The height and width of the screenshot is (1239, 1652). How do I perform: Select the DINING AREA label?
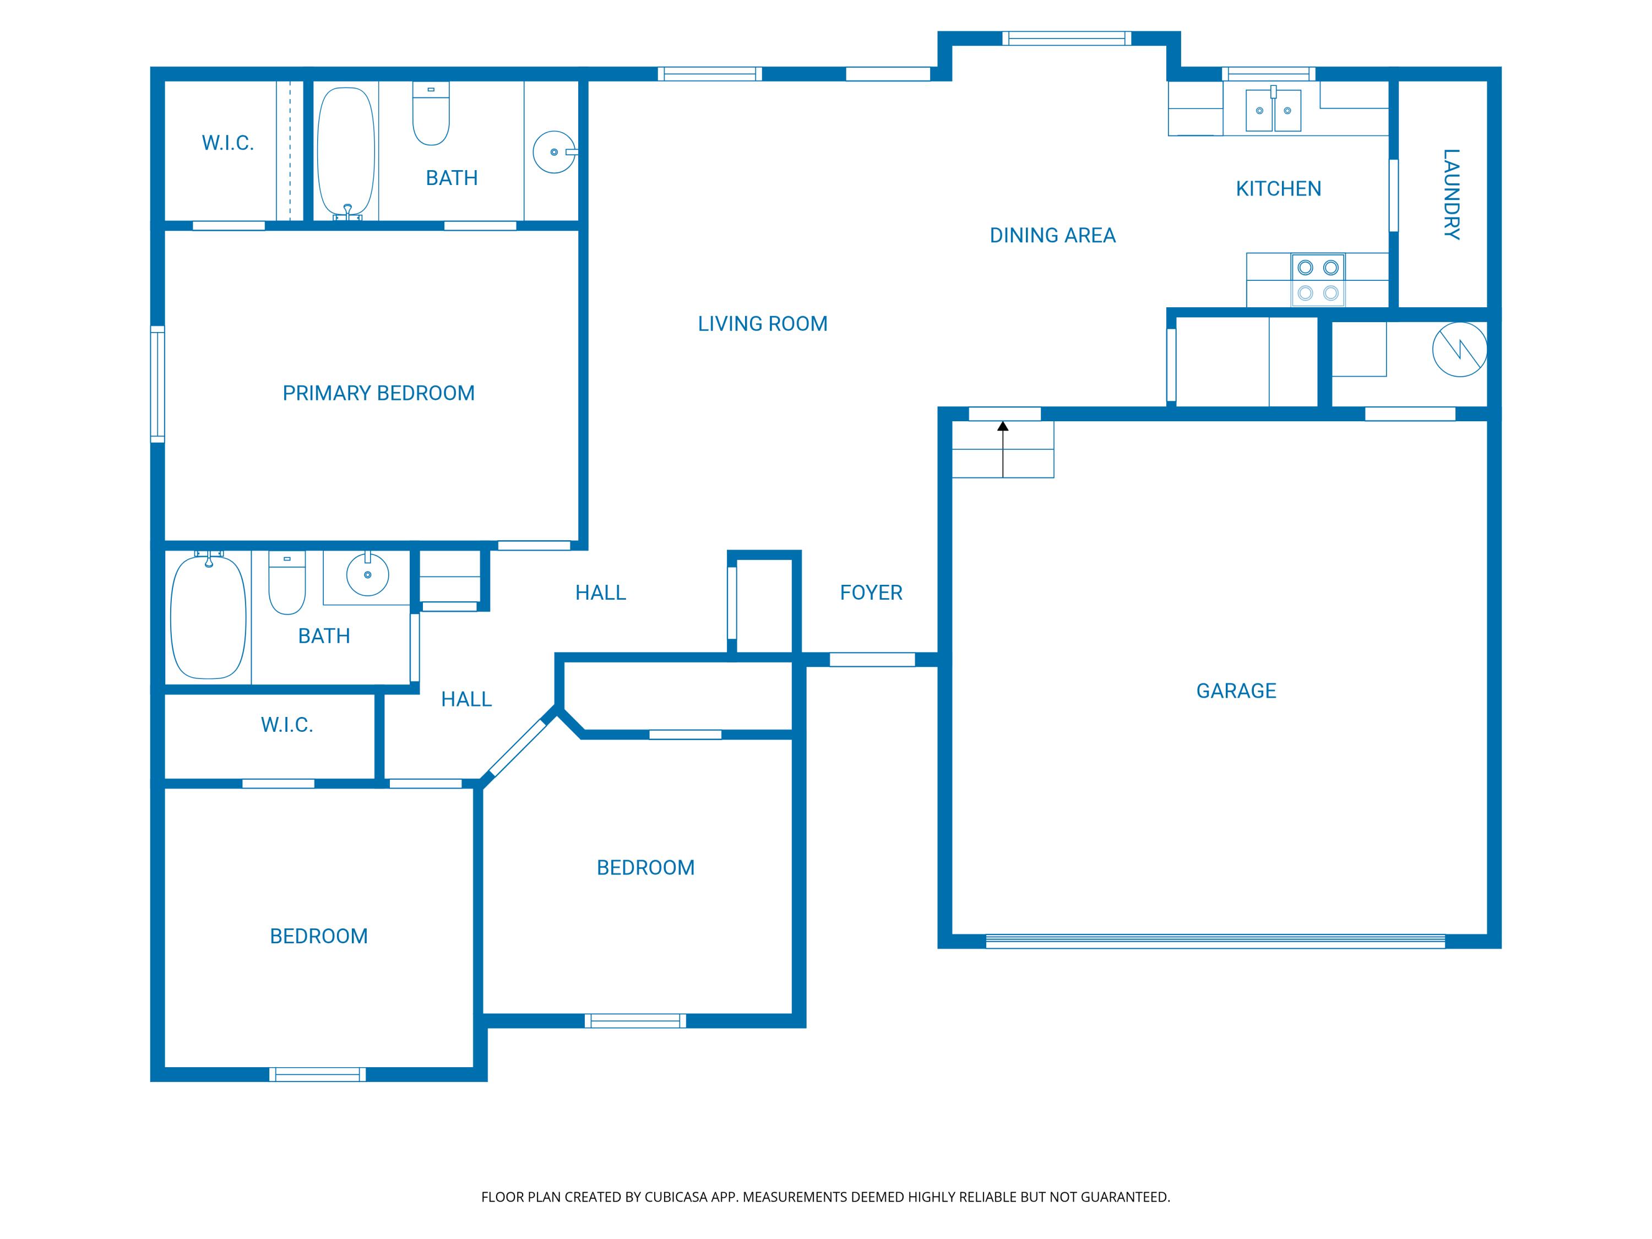point(1052,235)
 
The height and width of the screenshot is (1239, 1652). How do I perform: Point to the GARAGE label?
point(1236,691)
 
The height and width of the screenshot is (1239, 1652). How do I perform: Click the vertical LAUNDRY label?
point(1451,194)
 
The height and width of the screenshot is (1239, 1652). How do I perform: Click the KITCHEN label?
point(1279,188)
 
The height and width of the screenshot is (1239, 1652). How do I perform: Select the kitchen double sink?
point(1273,109)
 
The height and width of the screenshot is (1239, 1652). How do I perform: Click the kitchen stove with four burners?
point(1318,280)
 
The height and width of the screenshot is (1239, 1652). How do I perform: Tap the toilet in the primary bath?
point(431,113)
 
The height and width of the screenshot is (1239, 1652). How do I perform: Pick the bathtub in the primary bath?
point(346,153)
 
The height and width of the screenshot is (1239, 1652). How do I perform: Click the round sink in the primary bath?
point(554,153)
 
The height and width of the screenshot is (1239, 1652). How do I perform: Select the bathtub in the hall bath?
point(208,616)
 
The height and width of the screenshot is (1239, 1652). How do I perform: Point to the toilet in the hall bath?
point(287,583)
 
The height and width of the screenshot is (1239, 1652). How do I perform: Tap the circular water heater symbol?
point(1459,350)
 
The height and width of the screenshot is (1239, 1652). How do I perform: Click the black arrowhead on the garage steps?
point(1003,426)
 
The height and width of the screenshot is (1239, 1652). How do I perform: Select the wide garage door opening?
point(1215,941)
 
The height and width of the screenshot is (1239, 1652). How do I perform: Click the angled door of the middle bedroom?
point(518,748)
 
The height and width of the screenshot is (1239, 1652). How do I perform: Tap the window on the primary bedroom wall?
point(157,384)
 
